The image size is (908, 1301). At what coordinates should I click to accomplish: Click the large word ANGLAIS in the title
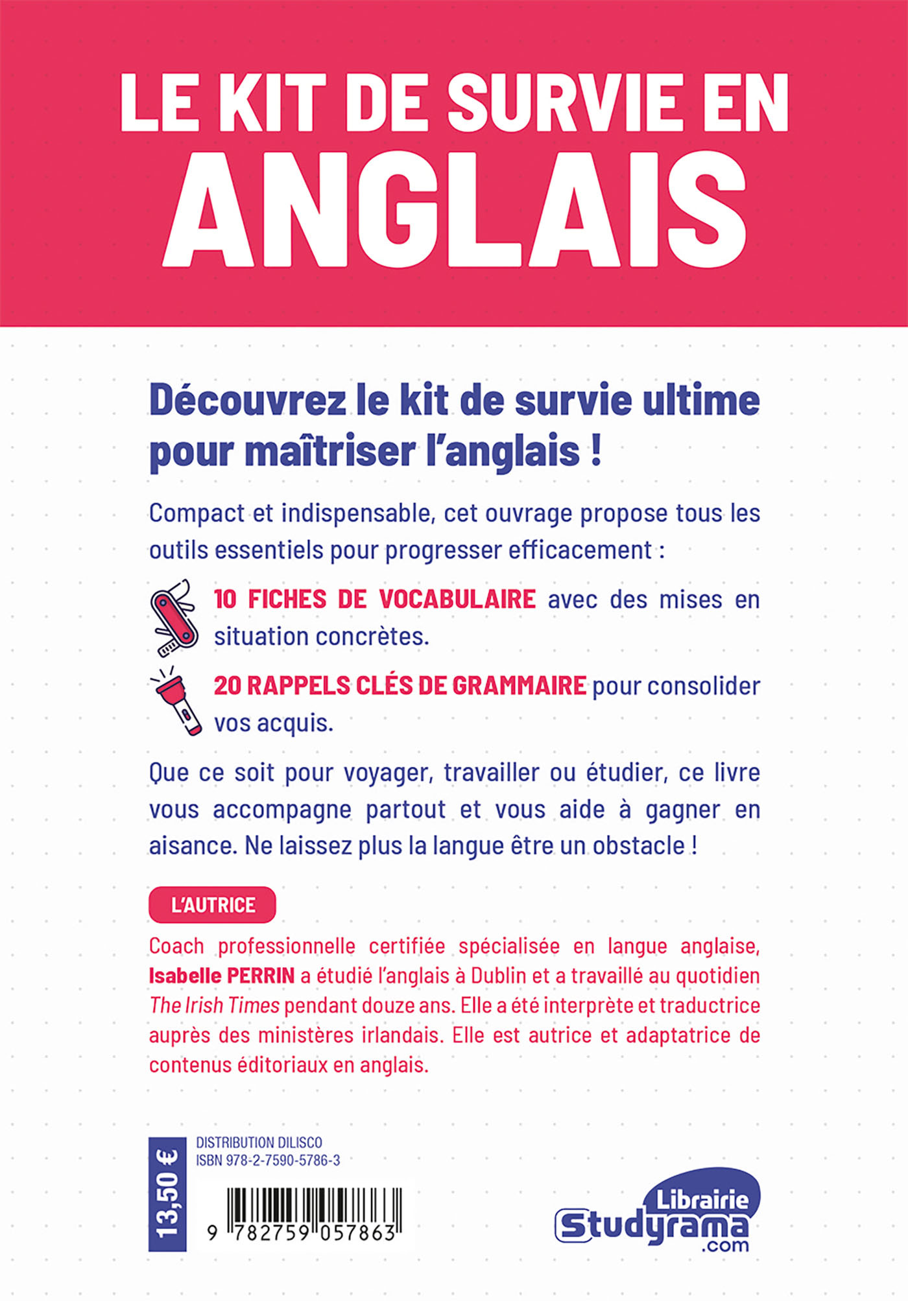tap(454, 211)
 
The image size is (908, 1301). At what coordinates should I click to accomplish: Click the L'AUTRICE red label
tap(212, 905)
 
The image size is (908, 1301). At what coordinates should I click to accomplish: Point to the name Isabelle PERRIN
tap(222, 976)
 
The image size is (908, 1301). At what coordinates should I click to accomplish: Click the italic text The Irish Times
tap(214, 1005)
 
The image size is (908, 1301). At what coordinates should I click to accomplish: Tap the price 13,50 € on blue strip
tap(167, 1193)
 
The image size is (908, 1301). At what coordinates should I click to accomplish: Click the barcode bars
tap(315, 1206)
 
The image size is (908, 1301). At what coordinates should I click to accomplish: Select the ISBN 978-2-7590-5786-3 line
tap(267, 1161)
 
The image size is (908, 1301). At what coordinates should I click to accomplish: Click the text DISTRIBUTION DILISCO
tap(259, 1143)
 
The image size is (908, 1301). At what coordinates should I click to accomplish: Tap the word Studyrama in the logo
tap(652, 1226)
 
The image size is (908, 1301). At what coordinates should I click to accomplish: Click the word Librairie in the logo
tap(702, 1199)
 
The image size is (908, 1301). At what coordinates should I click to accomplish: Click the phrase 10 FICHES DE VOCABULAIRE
tap(375, 599)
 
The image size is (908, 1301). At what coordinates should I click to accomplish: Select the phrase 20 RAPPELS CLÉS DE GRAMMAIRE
tap(400, 686)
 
